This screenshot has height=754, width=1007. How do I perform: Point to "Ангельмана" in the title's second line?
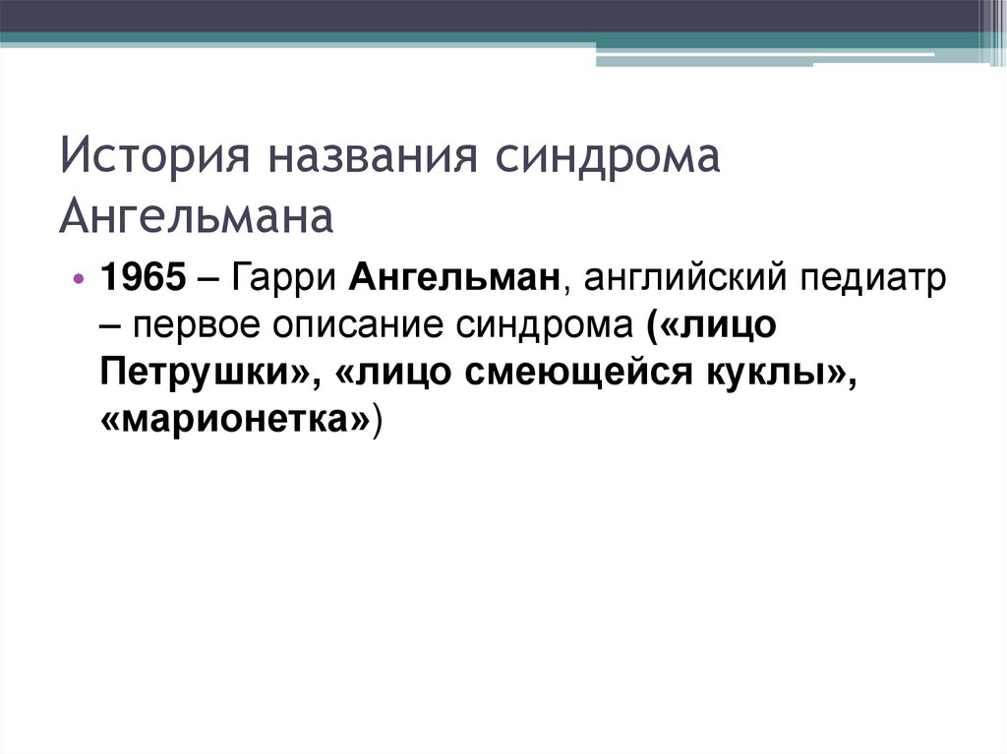click(197, 217)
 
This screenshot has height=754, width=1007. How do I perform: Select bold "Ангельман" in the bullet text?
click(454, 279)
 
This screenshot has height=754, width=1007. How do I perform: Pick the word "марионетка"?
click(234, 421)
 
